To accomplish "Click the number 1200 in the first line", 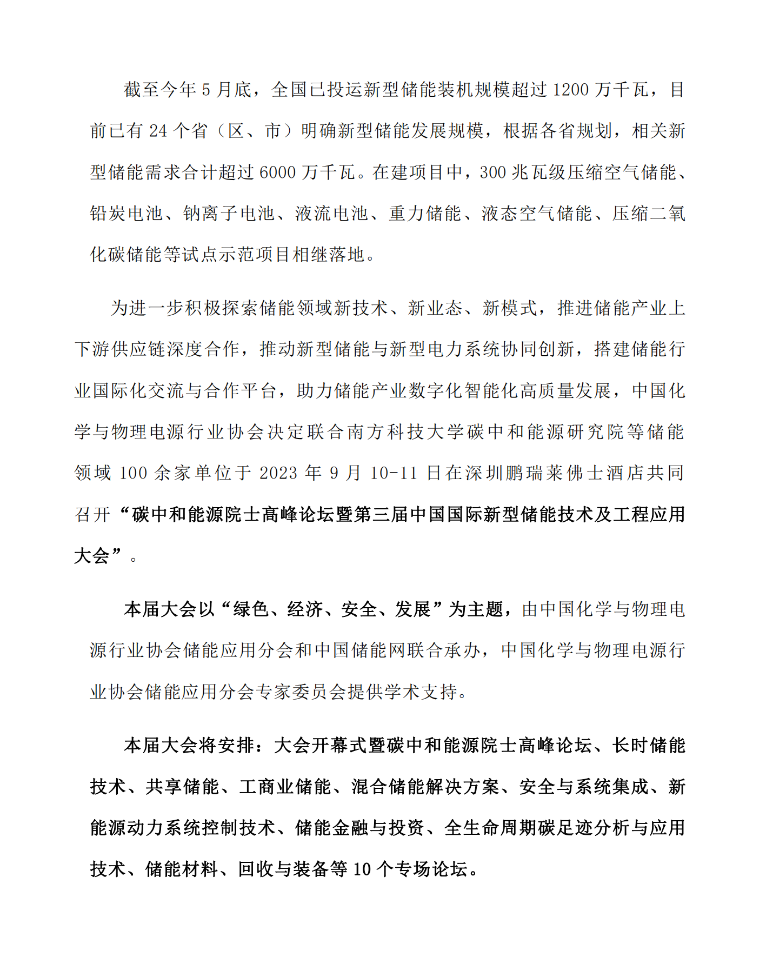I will tap(571, 90).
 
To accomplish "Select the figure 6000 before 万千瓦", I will tap(277, 172).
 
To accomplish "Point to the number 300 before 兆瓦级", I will tap(492, 172).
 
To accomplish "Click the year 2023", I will tap(278, 473).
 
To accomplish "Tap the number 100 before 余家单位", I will tap(132, 473).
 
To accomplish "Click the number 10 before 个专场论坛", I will tap(362, 869).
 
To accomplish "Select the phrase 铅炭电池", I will tap(126, 214).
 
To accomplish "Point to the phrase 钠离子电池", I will tap(229, 214).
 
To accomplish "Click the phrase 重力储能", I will tap(424, 214).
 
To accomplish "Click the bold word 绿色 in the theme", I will tap(250, 609).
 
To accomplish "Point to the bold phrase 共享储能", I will tap(182, 787).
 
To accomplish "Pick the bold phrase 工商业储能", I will tap(285, 787).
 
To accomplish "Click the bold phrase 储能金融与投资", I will tap(359, 828).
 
